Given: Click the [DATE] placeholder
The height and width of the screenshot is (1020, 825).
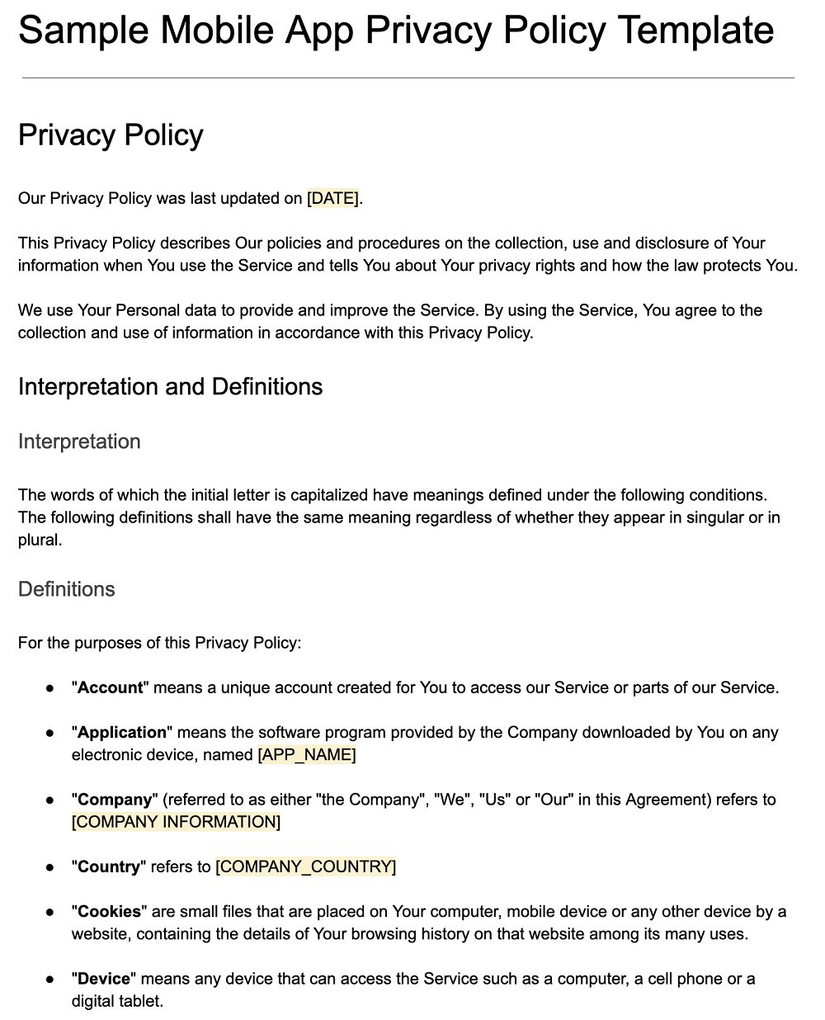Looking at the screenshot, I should coord(333,199).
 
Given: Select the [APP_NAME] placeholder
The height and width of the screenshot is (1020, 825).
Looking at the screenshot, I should coord(307,755).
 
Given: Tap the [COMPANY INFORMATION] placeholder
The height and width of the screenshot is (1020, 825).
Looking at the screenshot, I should coord(176,822).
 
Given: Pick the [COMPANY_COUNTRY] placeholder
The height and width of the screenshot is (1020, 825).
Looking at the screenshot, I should coord(305,867).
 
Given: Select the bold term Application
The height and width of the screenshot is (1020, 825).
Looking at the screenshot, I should coord(122,733).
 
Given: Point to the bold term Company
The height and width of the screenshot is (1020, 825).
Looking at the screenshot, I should coord(115,800).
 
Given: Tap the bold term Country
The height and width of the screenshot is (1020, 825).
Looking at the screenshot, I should coord(109,867).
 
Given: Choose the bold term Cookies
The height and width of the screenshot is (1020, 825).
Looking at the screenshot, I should coord(109,912).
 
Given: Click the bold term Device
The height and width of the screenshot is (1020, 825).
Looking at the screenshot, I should coord(104,979).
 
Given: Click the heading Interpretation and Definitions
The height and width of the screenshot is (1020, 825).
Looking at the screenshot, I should coord(170,387).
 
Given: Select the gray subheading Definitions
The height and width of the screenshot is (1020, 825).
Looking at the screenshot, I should coord(67,589).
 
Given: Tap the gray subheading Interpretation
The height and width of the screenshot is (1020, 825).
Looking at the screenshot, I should coord(79,442).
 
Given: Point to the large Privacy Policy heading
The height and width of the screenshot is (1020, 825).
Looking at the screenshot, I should coord(111,135).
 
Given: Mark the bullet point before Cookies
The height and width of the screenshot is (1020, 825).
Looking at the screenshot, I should coord(51,912).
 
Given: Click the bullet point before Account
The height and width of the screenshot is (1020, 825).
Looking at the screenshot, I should coord(51,687).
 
